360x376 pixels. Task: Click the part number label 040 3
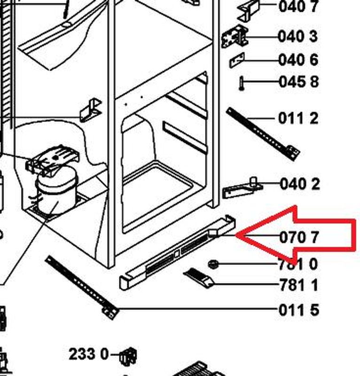pos(298,37)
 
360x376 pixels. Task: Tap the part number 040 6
pos(298,60)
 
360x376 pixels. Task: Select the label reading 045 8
pos(299,81)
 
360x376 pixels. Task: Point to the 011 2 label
pos(298,118)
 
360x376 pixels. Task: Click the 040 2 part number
pos(300,184)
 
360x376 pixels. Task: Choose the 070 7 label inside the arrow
pos(299,237)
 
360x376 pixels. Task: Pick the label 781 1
pos(299,285)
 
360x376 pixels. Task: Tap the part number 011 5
pos(299,310)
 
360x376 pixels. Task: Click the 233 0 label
pos(89,354)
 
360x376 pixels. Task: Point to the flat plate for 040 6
pos(237,60)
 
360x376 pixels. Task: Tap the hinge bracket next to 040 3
pos(235,37)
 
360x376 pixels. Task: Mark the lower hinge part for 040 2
pos(242,188)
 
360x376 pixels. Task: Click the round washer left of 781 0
pos(213,264)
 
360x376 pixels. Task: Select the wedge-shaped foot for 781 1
pos(199,277)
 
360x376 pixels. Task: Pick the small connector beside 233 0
pos(128,356)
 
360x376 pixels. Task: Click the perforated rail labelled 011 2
pos(263,134)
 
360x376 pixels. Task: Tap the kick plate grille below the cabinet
pos(178,252)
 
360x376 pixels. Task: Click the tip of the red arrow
pos(236,235)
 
